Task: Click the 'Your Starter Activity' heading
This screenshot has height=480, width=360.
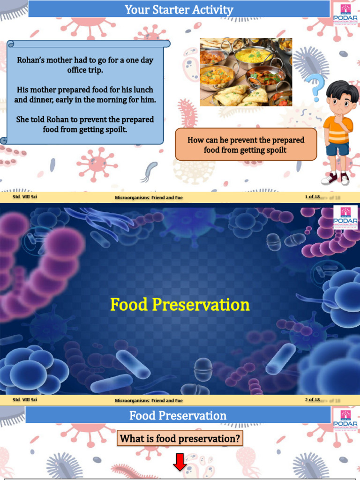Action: click(179, 9)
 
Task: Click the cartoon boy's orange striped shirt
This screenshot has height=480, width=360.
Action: click(337, 131)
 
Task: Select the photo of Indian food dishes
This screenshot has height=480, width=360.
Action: click(246, 72)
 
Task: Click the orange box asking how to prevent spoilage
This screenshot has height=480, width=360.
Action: click(246, 145)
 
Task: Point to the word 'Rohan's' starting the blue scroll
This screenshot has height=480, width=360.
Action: click(31, 60)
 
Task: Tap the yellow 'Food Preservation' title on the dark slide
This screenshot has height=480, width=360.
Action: click(180, 305)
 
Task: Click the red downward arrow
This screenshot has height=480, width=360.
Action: click(180, 461)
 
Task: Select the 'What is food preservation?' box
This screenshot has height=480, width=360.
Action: click(180, 439)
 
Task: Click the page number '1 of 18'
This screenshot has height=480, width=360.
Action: click(312, 197)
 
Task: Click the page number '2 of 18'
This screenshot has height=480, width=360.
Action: click(312, 400)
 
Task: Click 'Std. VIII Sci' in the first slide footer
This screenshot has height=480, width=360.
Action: click(25, 197)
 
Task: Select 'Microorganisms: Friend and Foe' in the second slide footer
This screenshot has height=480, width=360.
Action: click(149, 401)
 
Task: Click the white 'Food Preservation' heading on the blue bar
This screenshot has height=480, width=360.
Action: click(178, 416)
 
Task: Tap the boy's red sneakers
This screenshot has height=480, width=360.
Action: click(335, 179)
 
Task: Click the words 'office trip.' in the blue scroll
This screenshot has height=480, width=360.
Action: click(85, 70)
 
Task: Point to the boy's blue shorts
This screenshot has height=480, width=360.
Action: click(337, 149)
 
